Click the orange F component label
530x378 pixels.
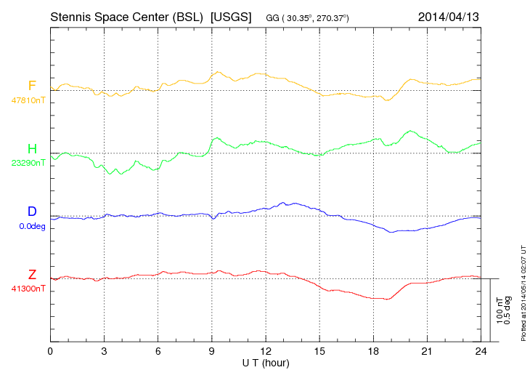coord(31,87)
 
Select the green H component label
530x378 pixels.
coord(32,150)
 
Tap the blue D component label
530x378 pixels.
coord(32,212)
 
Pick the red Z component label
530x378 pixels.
coord(32,275)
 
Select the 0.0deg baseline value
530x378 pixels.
coord(32,225)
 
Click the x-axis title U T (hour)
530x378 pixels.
coord(266,362)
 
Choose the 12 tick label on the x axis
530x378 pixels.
coord(266,351)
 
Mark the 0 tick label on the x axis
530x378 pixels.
coord(50,351)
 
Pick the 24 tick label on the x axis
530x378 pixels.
coord(481,351)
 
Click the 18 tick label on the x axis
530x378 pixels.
coord(373,351)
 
